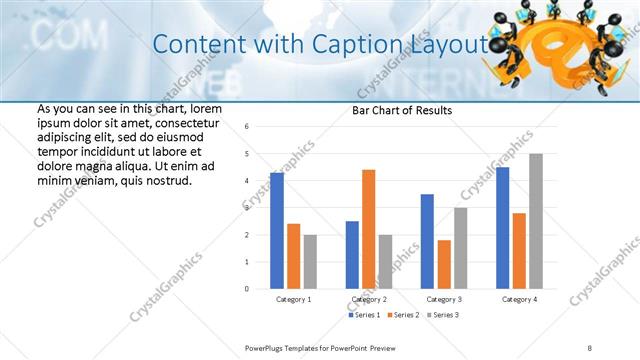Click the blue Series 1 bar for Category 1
point(277,231)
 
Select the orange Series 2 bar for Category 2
point(368,229)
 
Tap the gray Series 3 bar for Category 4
point(536,221)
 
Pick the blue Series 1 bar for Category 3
point(427,241)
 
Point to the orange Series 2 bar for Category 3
point(444,264)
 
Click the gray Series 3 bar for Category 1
point(310,262)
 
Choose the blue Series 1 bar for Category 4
point(503,228)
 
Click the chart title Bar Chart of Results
point(401,110)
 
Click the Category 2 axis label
point(368,299)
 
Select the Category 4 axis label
point(519,299)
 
